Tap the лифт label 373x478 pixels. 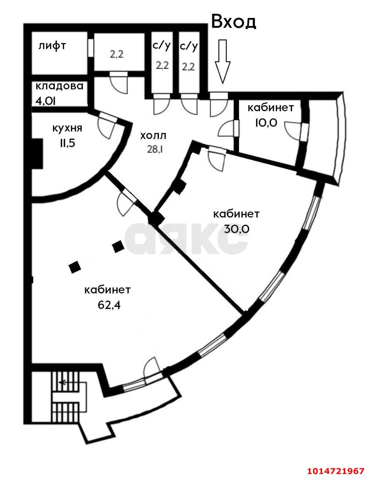click(x=52, y=46)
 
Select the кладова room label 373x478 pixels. click(x=59, y=86)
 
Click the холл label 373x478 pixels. click(x=153, y=136)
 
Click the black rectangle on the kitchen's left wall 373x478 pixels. click(x=37, y=153)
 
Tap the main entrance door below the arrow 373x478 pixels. click(x=218, y=105)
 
